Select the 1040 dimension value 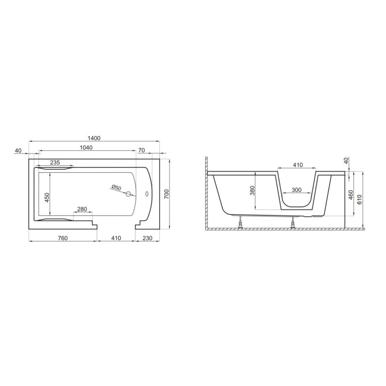87,148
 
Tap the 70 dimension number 141,151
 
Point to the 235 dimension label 54,162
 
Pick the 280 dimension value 83,208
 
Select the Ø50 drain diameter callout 116,188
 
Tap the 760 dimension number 62,238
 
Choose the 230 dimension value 147,238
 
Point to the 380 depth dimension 253,189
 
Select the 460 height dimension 350,194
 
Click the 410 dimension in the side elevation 297,165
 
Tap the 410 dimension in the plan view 116,238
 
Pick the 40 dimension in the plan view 18,151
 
